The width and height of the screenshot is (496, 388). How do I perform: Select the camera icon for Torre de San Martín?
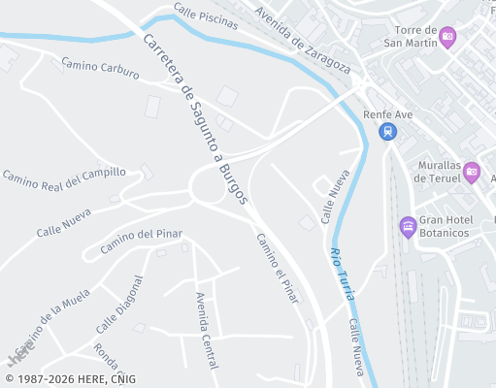coord(447,37)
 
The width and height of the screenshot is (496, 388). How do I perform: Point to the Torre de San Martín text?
coord(412,35)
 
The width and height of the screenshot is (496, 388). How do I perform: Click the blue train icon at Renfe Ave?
coord(388,131)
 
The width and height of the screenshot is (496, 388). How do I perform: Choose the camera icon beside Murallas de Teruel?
coord(471,173)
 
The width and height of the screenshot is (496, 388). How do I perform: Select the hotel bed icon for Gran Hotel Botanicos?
coord(409,227)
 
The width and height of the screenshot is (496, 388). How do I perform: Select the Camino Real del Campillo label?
coord(64,178)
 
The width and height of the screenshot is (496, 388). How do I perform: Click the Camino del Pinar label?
coord(141,241)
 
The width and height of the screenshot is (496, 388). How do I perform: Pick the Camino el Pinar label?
coord(277,268)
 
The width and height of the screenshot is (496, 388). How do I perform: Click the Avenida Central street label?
coord(206,330)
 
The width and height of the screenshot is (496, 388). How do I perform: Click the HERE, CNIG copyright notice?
coord(70,378)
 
